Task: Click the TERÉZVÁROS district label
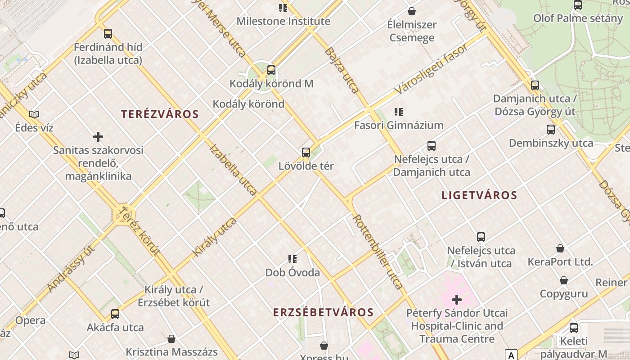[x=160, y=114]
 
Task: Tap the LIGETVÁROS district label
[x=479, y=195]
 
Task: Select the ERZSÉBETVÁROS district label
[x=323, y=312]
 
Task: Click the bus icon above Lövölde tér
[x=306, y=153]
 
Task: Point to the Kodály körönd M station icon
[x=271, y=70]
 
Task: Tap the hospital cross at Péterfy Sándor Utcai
[x=457, y=300]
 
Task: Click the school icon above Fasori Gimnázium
[x=398, y=112]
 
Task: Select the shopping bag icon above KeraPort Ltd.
[x=560, y=248]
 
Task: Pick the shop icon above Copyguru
[x=563, y=281]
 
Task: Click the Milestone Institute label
[x=283, y=21]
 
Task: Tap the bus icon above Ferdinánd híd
[x=108, y=34]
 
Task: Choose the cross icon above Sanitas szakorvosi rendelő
[x=98, y=136]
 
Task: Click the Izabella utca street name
[x=233, y=170]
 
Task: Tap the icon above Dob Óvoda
[x=292, y=259]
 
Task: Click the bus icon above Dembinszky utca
[x=551, y=130]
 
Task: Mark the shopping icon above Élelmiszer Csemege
[x=411, y=11]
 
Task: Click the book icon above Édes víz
[x=34, y=114]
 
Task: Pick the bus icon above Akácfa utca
[x=115, y=314]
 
